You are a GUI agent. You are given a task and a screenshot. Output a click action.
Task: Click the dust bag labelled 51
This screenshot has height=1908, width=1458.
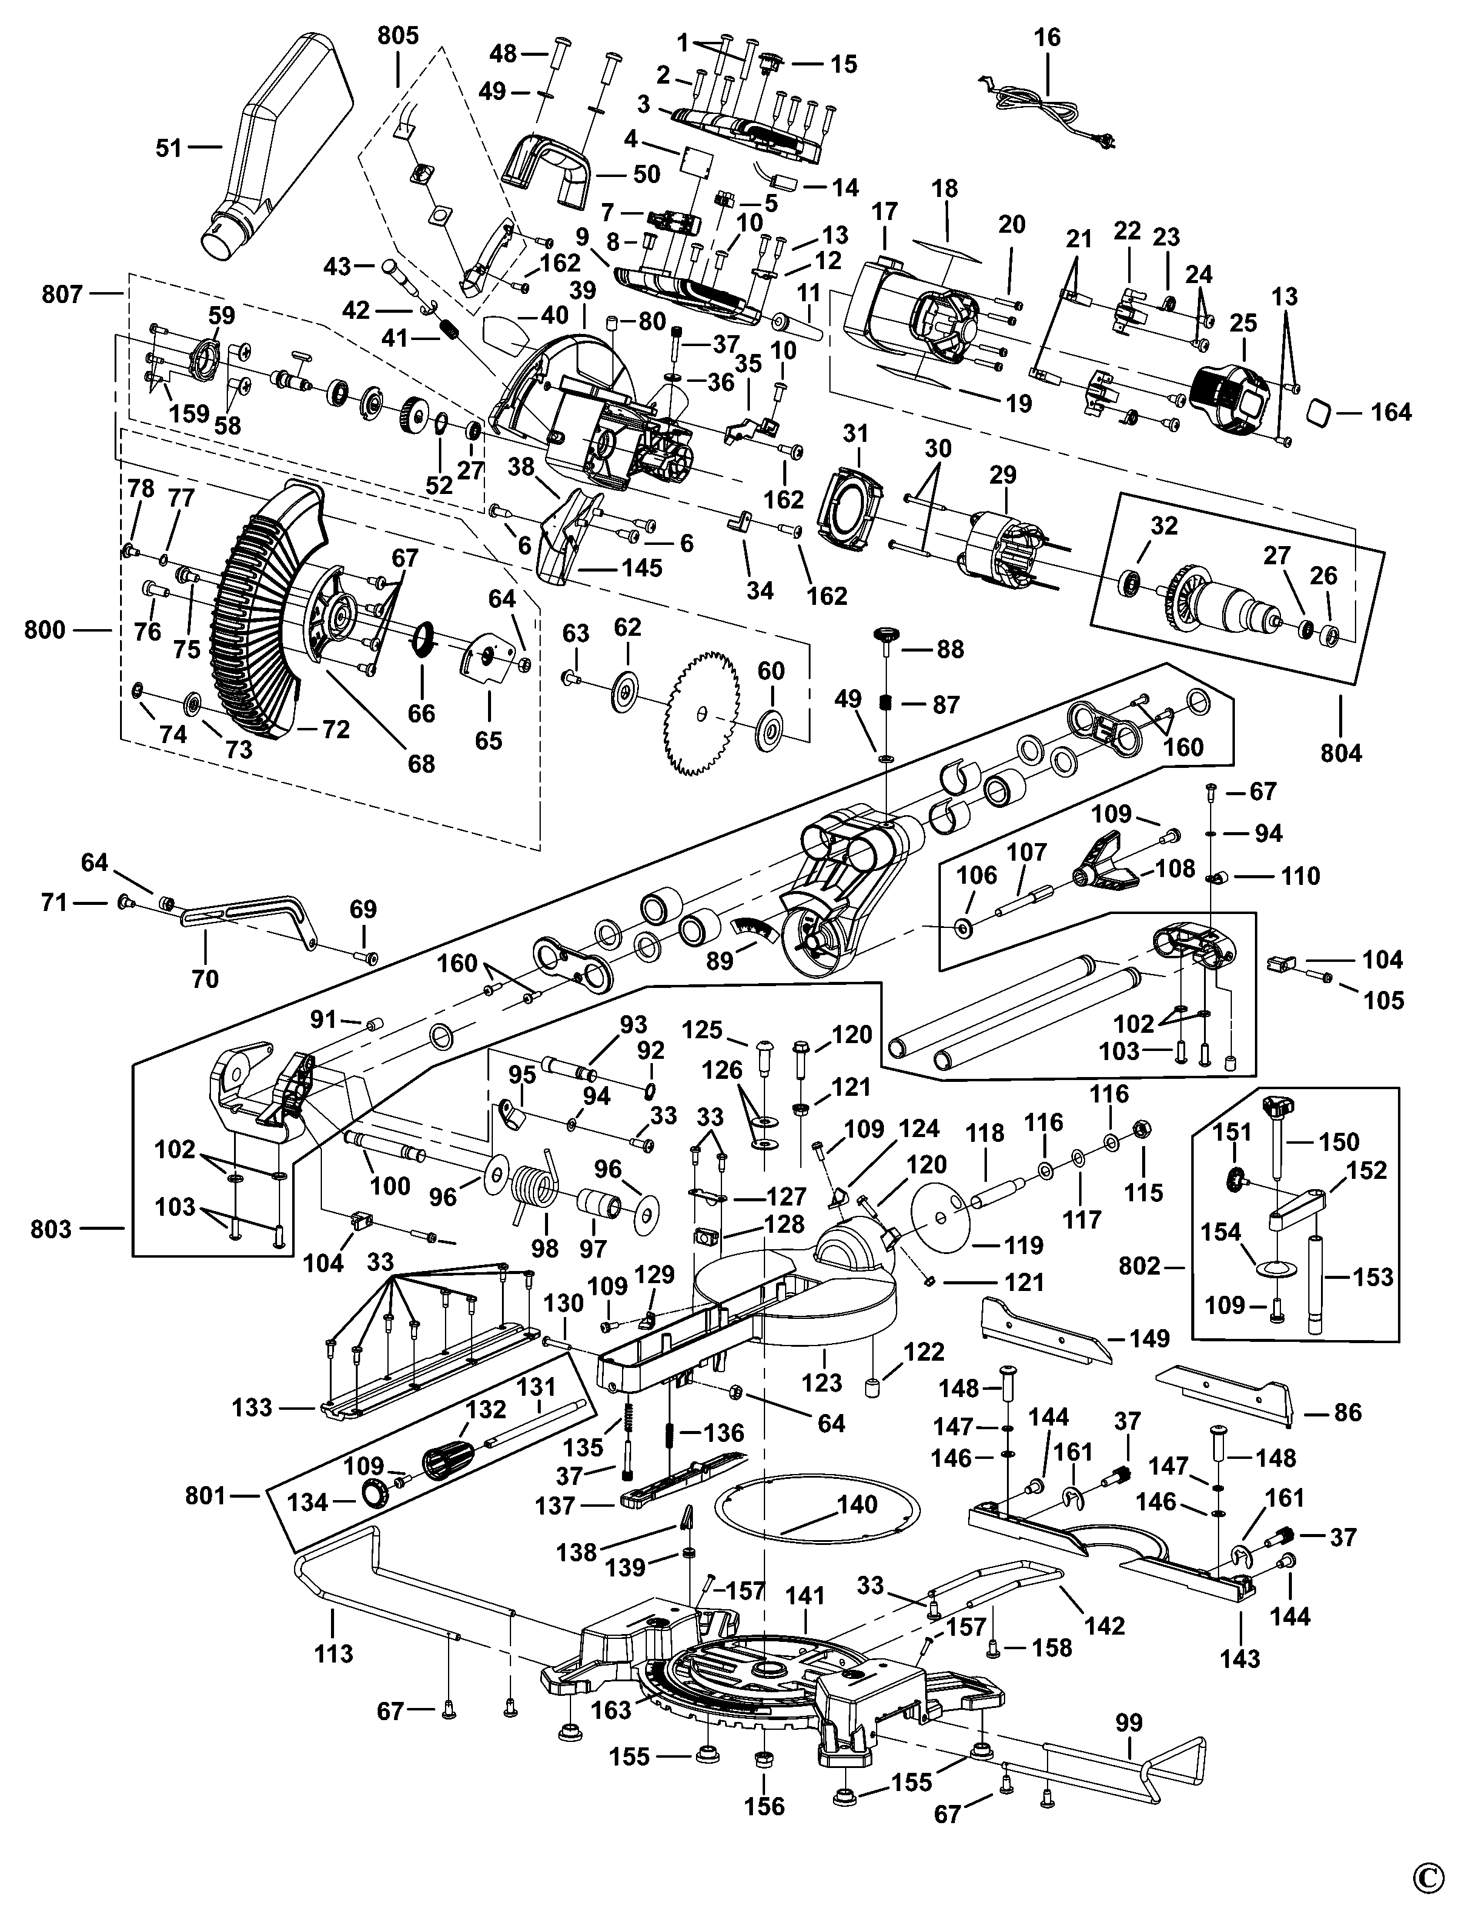[278, 147]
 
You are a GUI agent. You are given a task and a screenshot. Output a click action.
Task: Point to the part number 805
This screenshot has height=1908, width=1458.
[398, 36]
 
